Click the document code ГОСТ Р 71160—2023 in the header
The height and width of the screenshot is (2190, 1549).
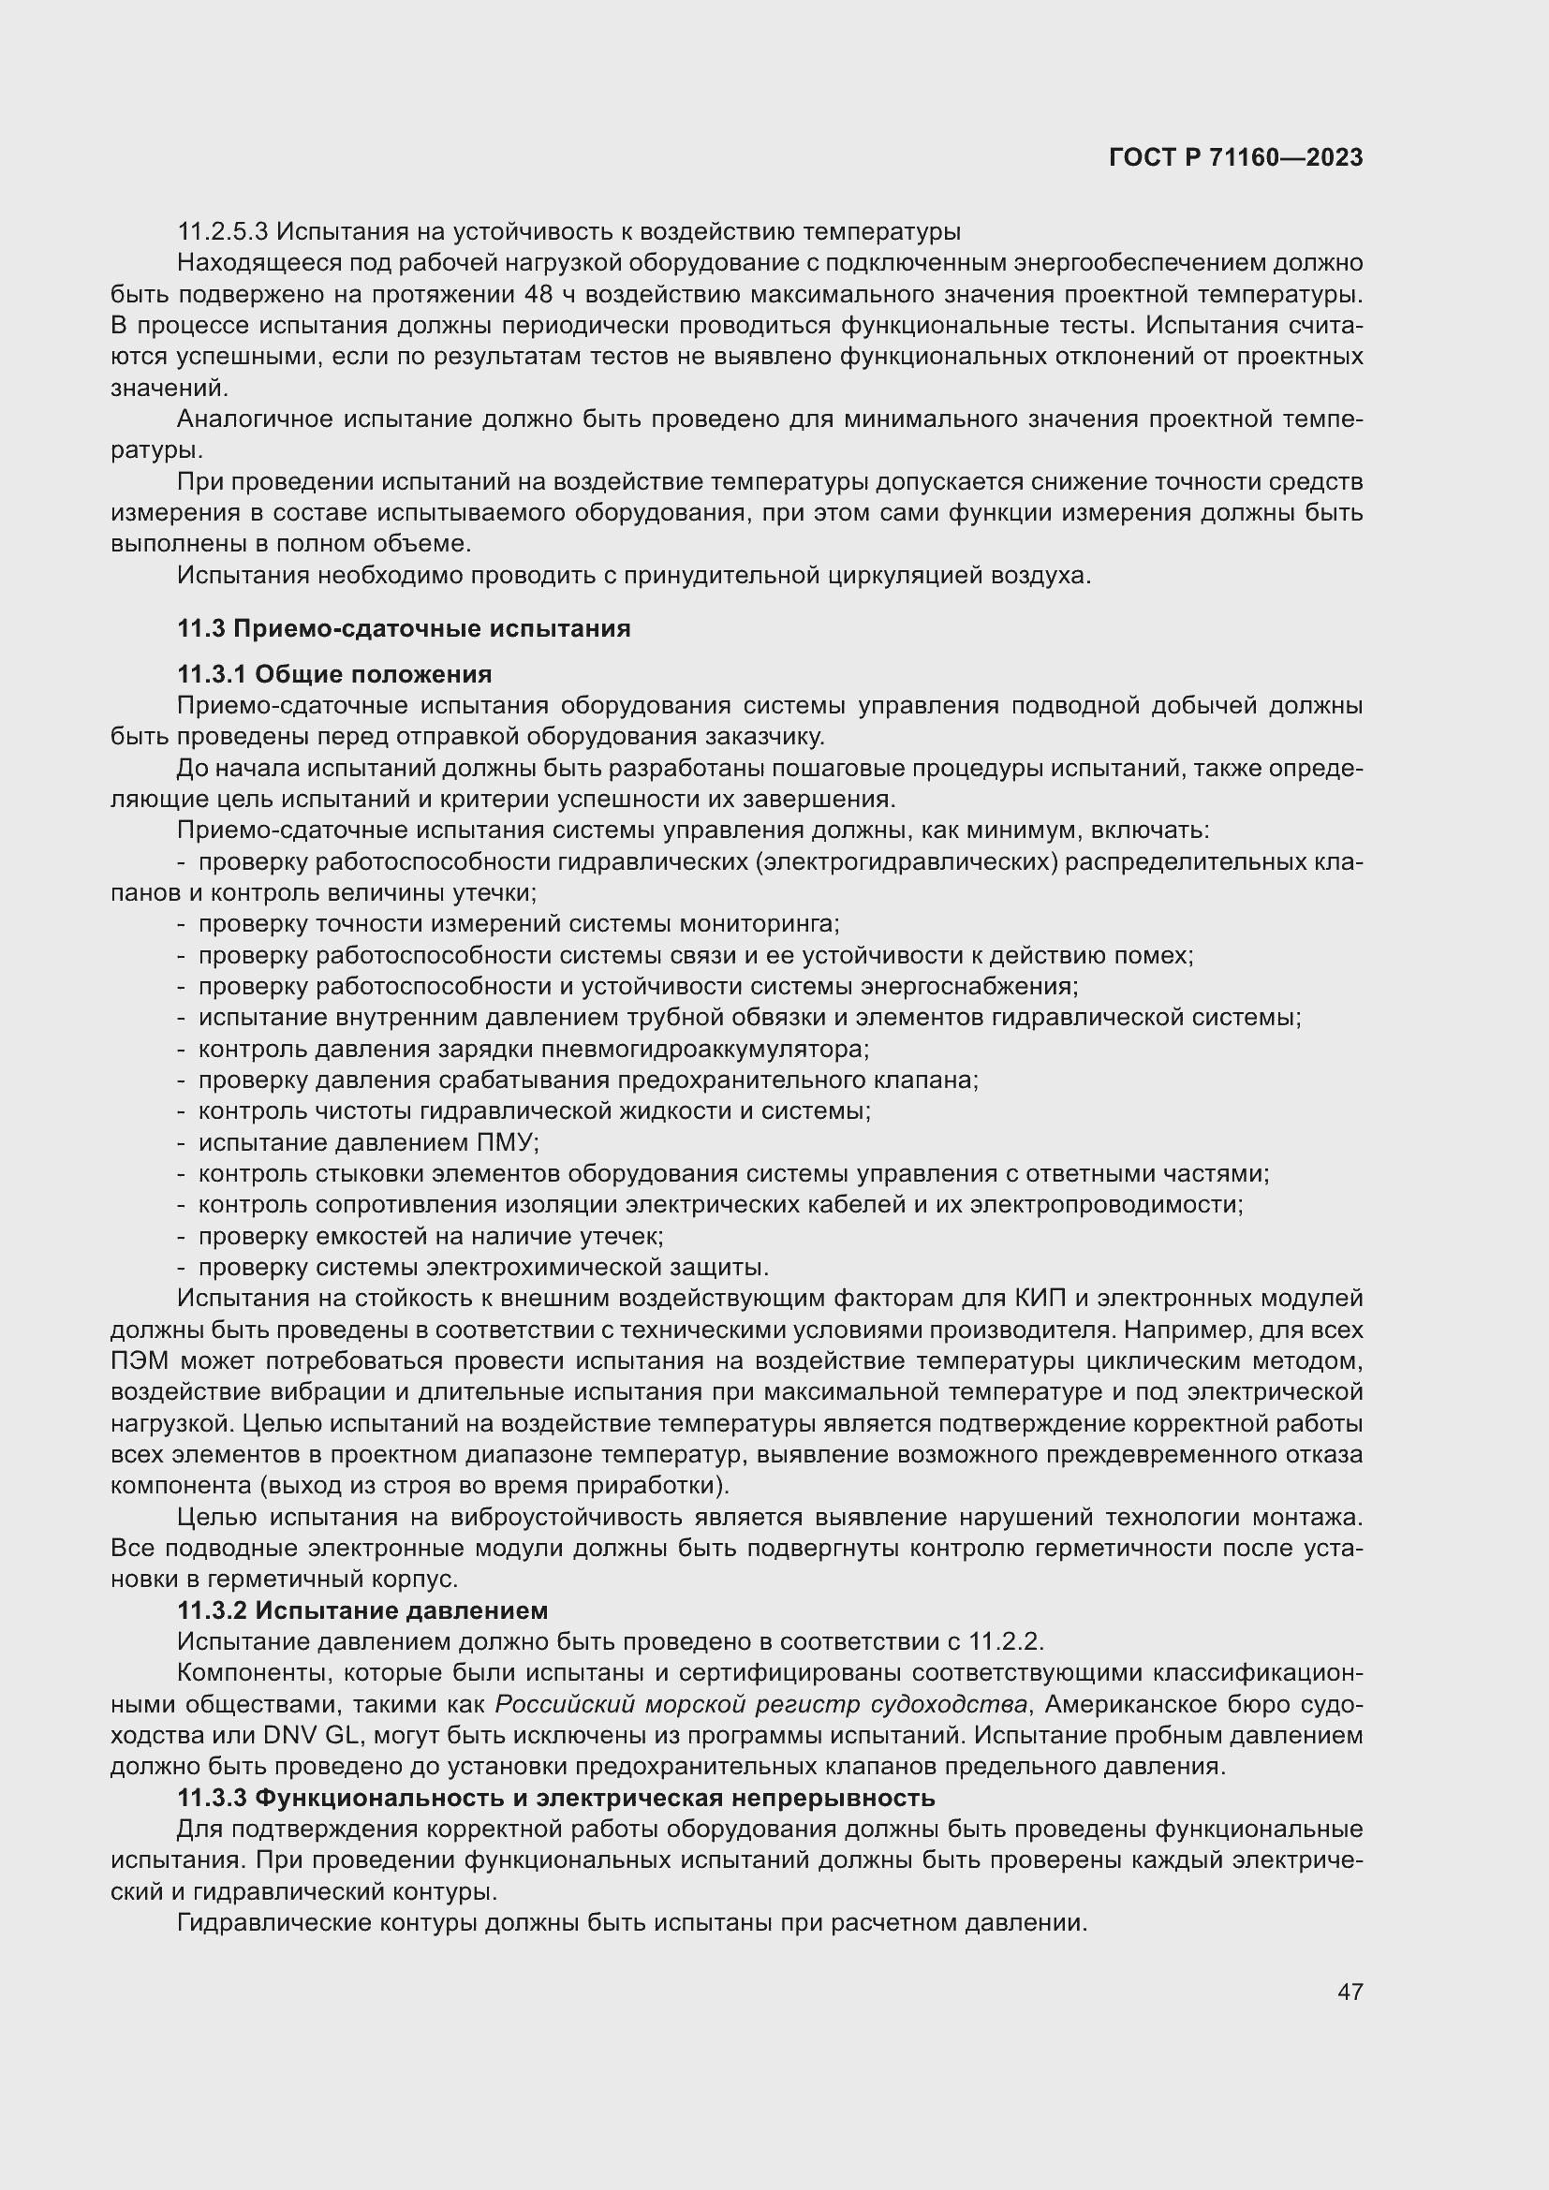click(1236, 157)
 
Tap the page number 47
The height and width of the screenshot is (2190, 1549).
click(1350, 1992)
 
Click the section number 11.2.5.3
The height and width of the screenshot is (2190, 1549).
click(223, 232)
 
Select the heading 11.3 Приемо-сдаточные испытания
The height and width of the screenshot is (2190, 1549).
click(404, 628)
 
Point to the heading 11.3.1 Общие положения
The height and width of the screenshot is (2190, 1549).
click(334, 674)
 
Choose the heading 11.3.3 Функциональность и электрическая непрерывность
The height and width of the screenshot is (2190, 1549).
click(556, 1798)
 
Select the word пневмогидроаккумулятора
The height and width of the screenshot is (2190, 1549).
click(705, 1050)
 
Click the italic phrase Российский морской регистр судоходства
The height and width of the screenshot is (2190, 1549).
click(761, 1704)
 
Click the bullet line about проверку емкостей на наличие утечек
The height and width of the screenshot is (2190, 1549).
click(430, 1236)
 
